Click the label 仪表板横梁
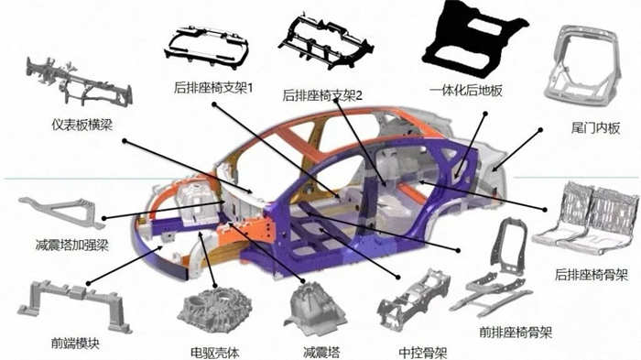pyautogui.click(x=81, y=125)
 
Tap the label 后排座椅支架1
pyautogui.click(x=213, y=88)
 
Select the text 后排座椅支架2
pyautogui.click(x=322, y=96)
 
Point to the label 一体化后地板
pyautogui.click(x=465, y=91)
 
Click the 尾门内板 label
pyautogui.click(x=595, y=128)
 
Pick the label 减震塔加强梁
pyautogui.click(x=72, y=245)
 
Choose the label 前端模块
pyautogui.click(x=75, y=343)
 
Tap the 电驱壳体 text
pyautogui.click(x=215, y=353)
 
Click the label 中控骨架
pyautogui.click(x=423, y=353)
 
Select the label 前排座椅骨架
pyautogui.click(x=516, y=332)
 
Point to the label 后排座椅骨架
pyautogui.click(x=592, y=275)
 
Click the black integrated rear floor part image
pyautogui.click(x=474, y=38)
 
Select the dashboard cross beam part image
pyautogui.click(x=78, y=82)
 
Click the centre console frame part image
pyautogui.click(x=414, y=300)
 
